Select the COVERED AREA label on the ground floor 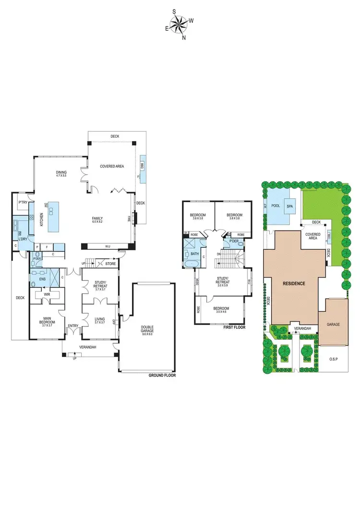click(x=112, y=166)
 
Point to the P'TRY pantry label click(x=22, y=203)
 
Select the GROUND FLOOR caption click(x=162, y=376)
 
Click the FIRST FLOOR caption click(x=234, y=327)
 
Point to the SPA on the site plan click(x=289, y=206)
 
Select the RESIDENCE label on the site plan click(x=294, y=283)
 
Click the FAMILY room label click(x=98, y=219)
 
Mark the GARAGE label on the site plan click(x=334, y=325)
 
